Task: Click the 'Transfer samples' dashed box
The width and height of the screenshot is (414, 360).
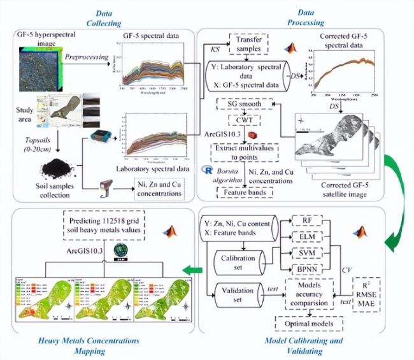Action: pyautogui.click(x=243, y=43)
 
